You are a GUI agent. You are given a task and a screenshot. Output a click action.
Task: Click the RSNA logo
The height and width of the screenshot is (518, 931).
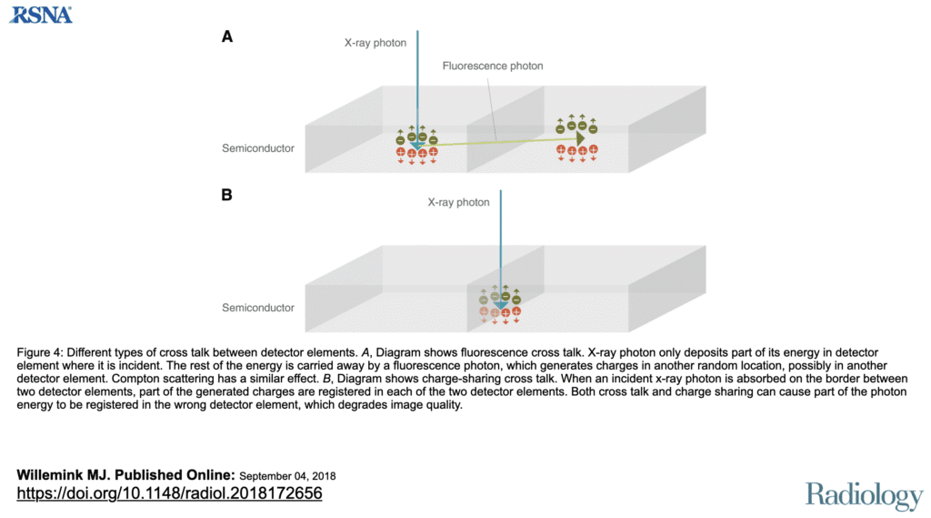click(x=40, y=14)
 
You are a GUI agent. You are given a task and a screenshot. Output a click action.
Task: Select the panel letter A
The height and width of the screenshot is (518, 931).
click(x=227, y=36)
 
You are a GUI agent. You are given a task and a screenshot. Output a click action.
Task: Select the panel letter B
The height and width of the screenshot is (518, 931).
click(x=227, y=195)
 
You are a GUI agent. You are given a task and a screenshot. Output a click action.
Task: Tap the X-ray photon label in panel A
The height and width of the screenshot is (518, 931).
click(x=375, y=42)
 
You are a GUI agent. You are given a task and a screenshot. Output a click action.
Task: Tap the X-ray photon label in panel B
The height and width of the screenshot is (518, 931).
click(x=458, y=202)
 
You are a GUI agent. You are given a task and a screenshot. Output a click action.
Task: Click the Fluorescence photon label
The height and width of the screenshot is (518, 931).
click(x=493, y=66)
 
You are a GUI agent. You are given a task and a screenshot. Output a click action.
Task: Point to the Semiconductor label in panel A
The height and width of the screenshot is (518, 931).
click(x=258, y=147)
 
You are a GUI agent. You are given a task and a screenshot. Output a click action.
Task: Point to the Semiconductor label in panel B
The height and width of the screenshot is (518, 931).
click(x=258, y=308)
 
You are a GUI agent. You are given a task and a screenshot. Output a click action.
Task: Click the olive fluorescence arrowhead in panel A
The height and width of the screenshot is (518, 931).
click(x=579, y=137)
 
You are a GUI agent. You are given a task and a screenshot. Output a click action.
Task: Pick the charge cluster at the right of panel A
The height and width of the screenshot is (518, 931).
click(x=576, y=137)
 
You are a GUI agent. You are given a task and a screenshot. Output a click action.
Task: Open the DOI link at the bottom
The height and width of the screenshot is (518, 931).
click(x=169, y=493)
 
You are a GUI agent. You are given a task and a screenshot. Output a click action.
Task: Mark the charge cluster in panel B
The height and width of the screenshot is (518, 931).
click(x=500, y=304)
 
